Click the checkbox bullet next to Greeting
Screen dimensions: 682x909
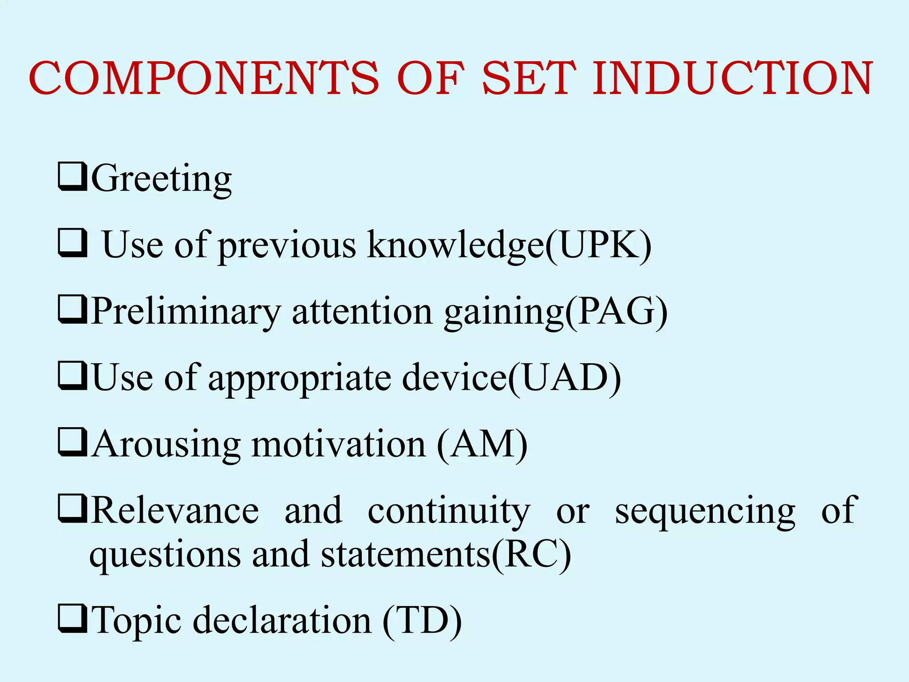point(72,177)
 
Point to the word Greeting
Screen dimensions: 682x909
point(162,178)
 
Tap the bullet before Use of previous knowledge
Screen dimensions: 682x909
point(72,243)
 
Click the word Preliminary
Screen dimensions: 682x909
point(186,312)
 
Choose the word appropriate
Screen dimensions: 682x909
point(300,378)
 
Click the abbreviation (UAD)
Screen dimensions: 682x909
point(564,378)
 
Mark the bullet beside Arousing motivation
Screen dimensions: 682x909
point(72,442)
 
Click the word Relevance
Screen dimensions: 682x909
point(175,511)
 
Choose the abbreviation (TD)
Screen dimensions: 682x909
point(422,621)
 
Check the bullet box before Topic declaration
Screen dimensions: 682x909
point(72,619)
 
